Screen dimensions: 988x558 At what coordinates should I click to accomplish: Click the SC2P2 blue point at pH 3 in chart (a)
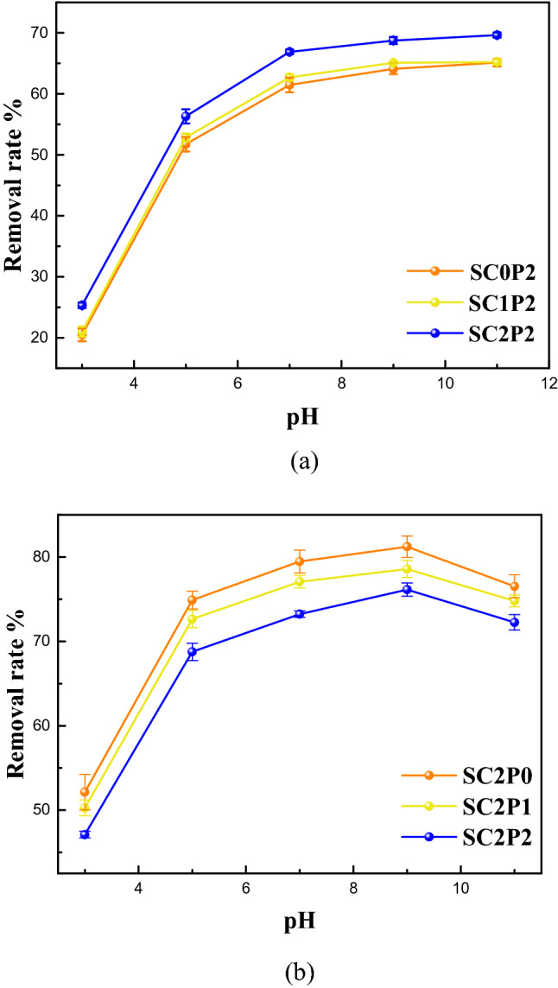tap(82, 305)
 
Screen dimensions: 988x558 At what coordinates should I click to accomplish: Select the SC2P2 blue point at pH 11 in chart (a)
tap(497, 35)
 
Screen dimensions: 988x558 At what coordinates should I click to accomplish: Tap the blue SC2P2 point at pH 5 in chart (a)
tap(186, 116)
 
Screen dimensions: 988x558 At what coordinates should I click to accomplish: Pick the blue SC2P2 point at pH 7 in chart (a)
tap(289, 52)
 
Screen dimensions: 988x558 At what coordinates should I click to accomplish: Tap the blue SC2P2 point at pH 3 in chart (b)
tap(85, 834)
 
